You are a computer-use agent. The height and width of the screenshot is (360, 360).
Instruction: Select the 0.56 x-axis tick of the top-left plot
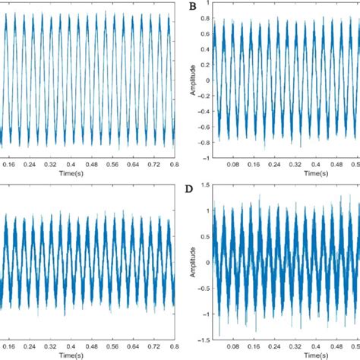tap(112, 164)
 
